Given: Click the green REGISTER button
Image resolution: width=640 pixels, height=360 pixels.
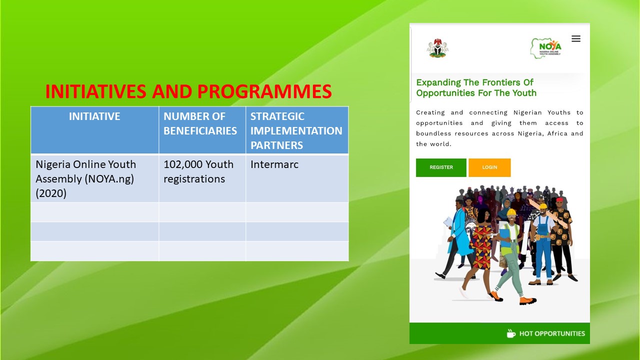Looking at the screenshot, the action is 441,167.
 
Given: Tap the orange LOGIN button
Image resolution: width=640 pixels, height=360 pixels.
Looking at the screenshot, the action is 489,167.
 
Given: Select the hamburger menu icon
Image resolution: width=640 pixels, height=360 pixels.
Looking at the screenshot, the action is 575,38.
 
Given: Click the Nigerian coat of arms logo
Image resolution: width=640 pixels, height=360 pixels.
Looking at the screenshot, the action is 437,48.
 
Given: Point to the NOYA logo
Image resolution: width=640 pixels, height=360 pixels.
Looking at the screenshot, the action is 546,48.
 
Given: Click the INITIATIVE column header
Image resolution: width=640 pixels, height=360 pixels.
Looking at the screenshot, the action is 94,116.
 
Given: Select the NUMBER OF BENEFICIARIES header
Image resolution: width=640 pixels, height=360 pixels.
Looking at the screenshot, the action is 200,123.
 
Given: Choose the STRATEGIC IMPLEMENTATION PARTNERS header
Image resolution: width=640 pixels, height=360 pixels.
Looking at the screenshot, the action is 296,130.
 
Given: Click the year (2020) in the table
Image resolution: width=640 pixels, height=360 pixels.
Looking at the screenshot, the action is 51,193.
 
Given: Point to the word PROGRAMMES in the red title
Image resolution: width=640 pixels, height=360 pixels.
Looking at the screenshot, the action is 264,91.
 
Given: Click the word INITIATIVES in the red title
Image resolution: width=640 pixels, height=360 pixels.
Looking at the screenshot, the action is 96,91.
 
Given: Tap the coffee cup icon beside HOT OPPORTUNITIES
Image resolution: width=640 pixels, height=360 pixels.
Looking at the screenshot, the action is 511,333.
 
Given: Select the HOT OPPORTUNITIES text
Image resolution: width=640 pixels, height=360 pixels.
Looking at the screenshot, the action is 552,333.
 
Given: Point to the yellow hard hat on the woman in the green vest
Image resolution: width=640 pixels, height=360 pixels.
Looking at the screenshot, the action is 511,212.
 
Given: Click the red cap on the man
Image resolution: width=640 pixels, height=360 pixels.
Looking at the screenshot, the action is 559,199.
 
